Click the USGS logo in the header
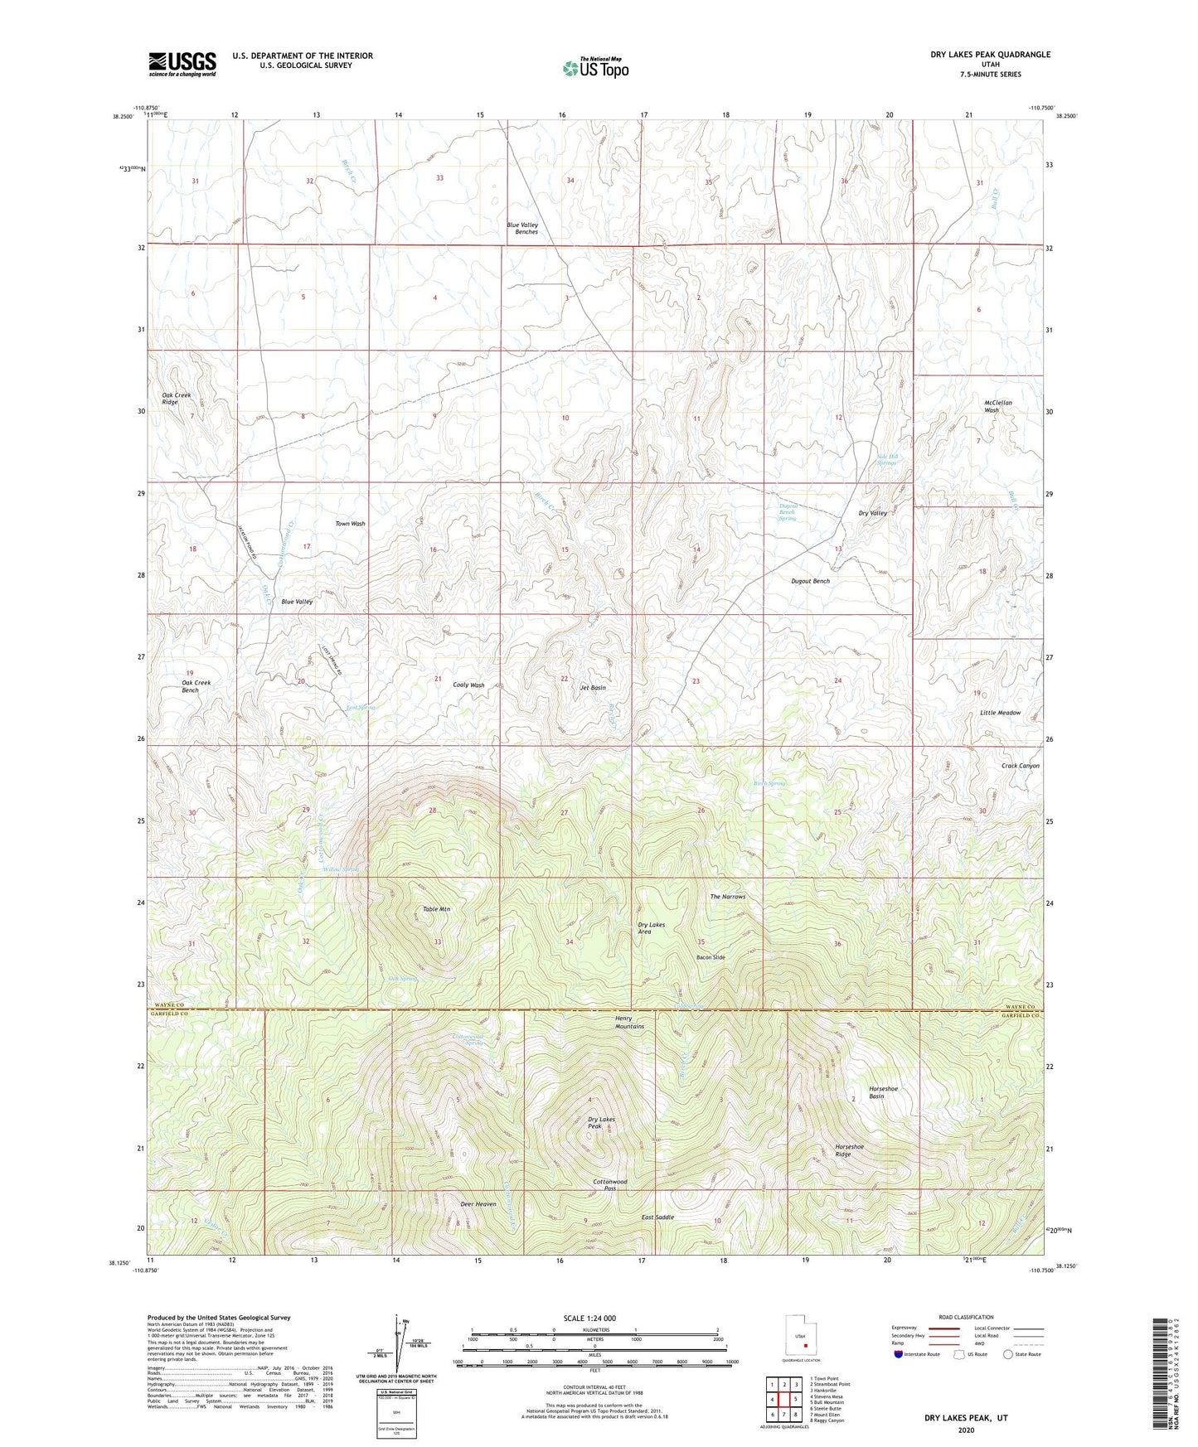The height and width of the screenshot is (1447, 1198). tap(182, 63)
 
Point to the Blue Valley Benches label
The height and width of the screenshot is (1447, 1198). tap(522, 228)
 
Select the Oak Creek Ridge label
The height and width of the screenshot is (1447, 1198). tap(177, 399)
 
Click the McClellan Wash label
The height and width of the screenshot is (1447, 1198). tap(992, 406)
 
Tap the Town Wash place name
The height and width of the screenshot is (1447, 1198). tap(350, 524)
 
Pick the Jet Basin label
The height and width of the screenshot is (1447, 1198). tap(593, 688)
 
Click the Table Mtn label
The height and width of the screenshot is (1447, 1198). tap(437, 909)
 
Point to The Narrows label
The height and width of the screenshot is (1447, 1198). tap(727, 897)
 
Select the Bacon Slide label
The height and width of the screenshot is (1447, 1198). tap(711, 957)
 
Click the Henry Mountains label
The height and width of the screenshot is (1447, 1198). tap(629, 1022)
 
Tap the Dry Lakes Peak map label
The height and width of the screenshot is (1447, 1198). tap(601, 1123)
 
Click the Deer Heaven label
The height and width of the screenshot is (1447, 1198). tap(478, 1203)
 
